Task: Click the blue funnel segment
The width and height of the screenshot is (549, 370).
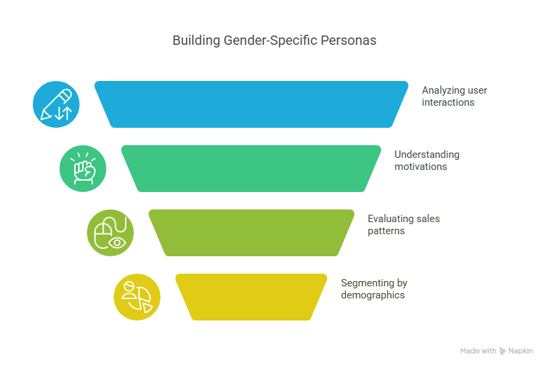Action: coord(251,104)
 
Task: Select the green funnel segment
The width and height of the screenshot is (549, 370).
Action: coord(251,168)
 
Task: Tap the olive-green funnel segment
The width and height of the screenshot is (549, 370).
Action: coord(251,232)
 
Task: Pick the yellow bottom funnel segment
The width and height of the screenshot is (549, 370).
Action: coord(251,296)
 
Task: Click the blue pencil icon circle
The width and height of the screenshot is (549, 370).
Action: coord(56,104)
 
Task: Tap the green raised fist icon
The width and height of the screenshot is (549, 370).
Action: coord(83,169)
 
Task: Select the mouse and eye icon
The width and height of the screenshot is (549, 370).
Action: coord(110,233)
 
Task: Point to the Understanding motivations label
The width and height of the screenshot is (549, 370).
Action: coord(427,160)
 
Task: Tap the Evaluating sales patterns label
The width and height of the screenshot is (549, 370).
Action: coord(403,224)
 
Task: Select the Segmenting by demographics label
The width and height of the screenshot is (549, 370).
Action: coord(374,288)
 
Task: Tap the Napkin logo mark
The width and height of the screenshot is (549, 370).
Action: coord(502,351)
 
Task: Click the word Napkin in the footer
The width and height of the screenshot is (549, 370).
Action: coord(520,351)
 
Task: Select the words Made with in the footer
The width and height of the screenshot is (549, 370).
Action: coord(477,351)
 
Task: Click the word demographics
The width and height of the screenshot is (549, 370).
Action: coord(372,294)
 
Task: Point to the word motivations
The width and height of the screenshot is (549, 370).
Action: coord(421,166)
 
